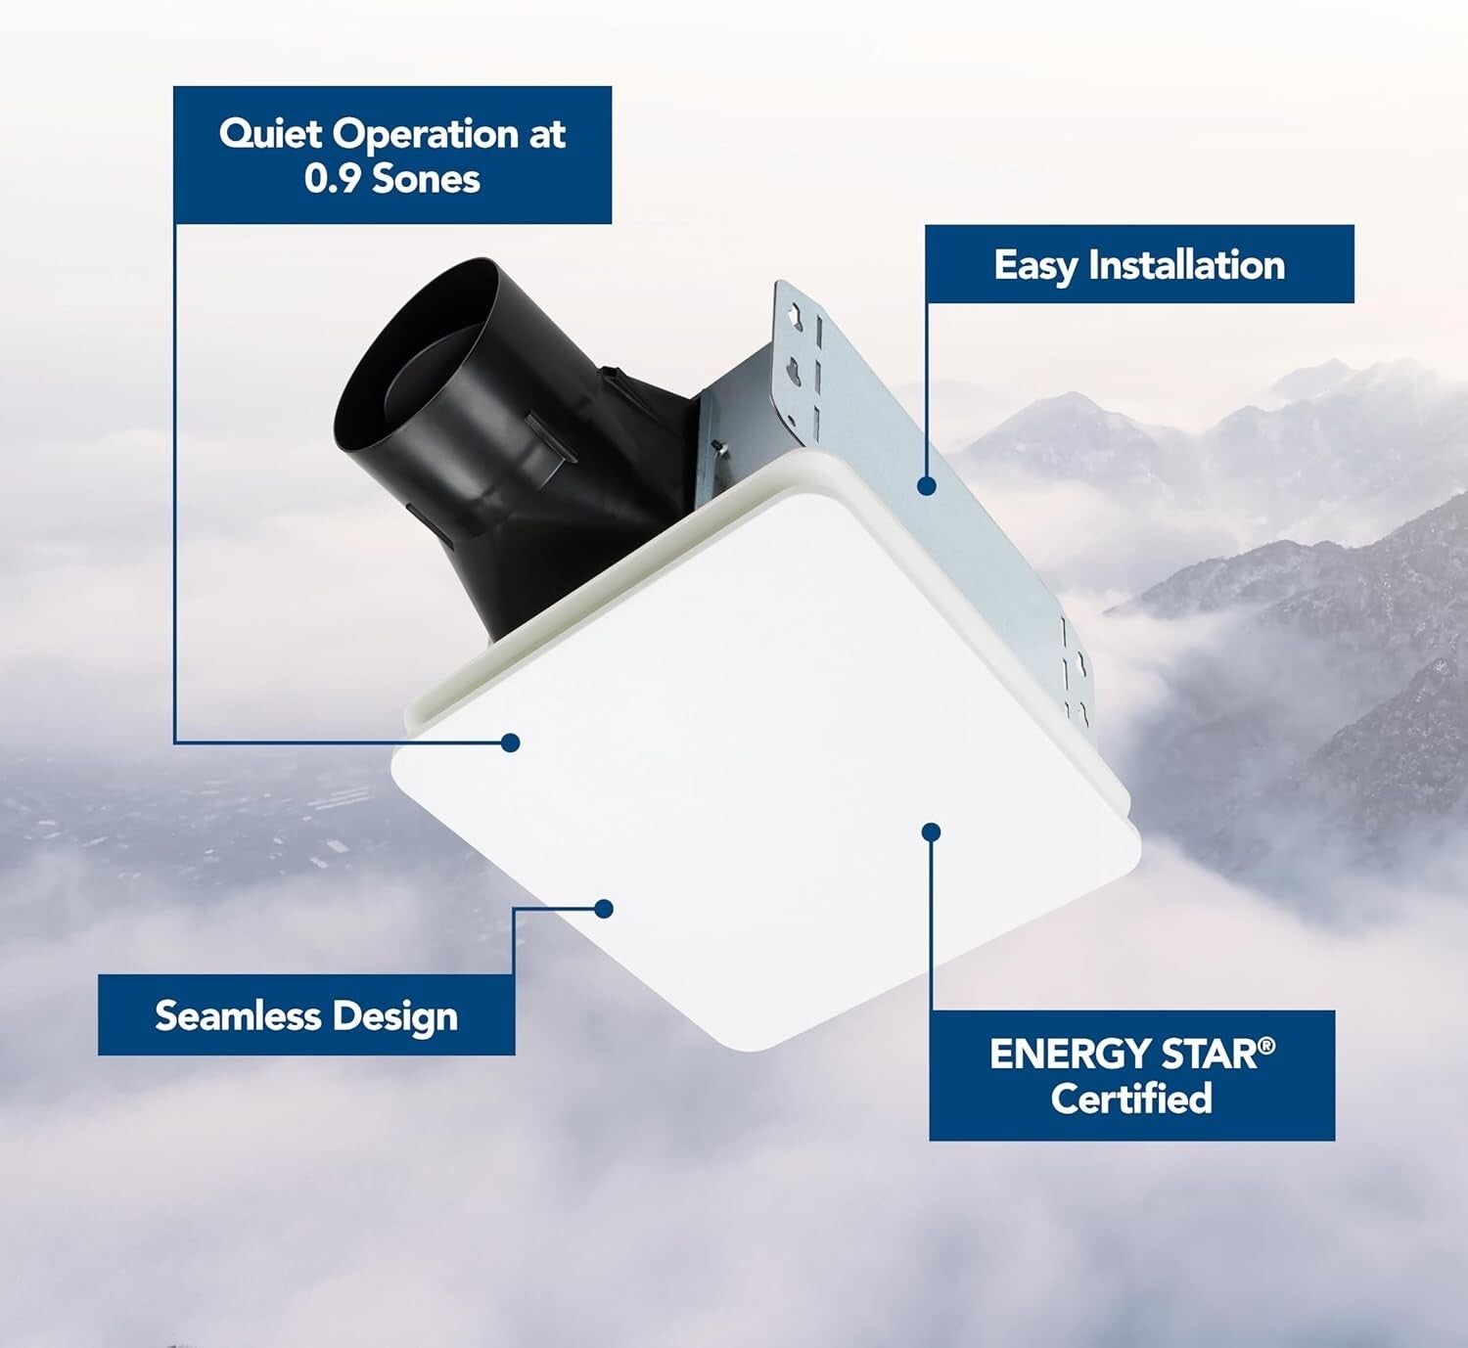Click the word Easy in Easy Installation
(1035, 266)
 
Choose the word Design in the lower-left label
(394, 1017)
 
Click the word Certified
(1131, 1098)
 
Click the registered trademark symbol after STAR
(1267, 1046)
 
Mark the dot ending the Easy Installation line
(927, 485)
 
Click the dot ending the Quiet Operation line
(510, 742)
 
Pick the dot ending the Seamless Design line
(604, 909)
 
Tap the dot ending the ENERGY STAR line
(932, 832)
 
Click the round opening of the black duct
(416, 367)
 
